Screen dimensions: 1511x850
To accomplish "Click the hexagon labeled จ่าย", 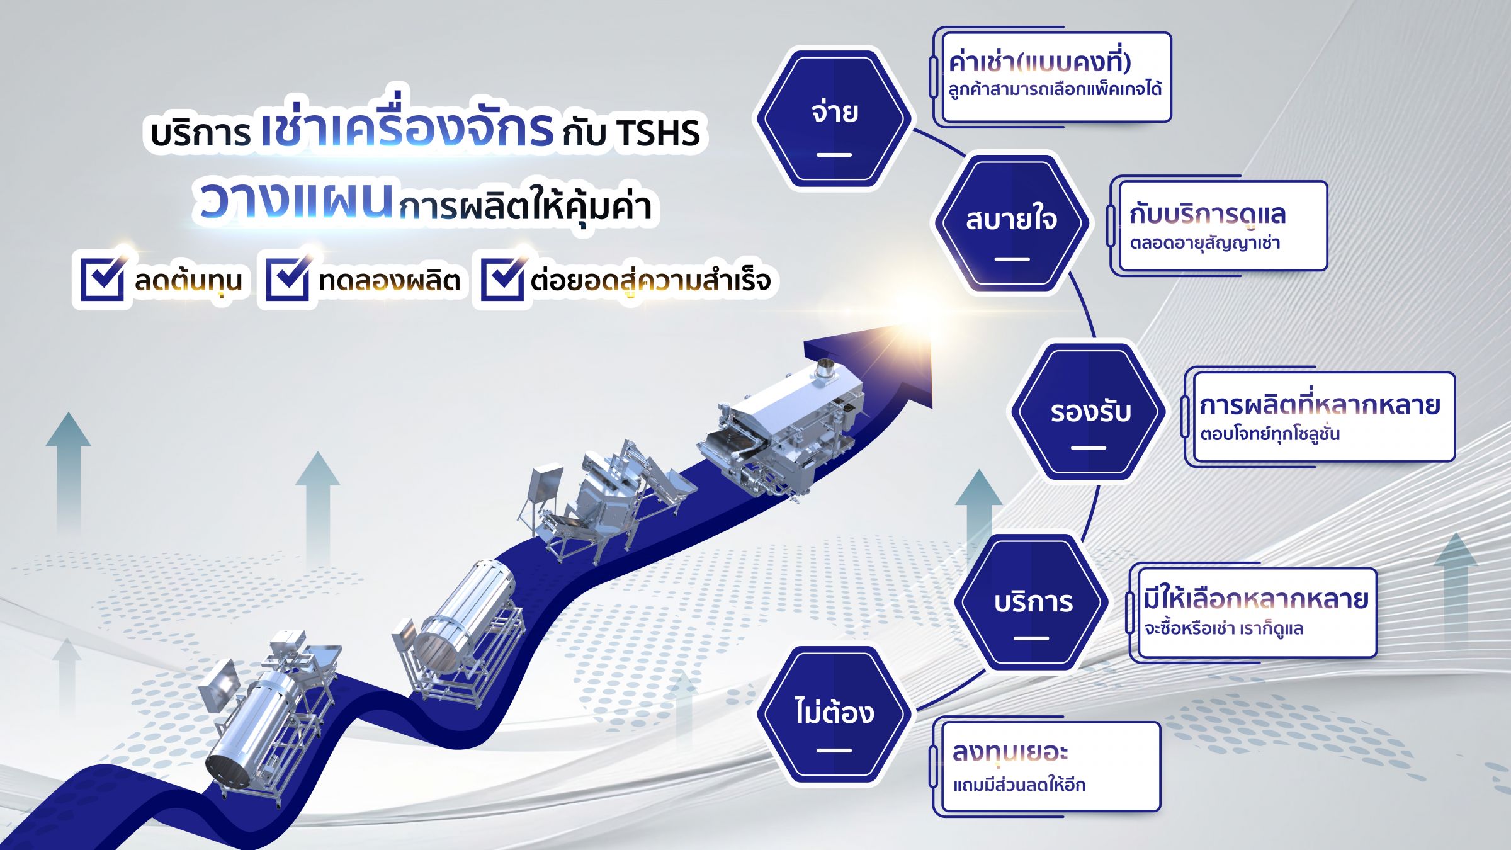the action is click(834, 118).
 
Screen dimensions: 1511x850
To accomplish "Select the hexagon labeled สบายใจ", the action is click(1011, 224).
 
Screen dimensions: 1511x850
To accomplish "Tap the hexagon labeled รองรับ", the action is click(1089, 412).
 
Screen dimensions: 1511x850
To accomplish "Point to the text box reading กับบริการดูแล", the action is click(1218, 226).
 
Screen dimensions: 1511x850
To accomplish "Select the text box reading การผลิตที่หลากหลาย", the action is click(1319, 417).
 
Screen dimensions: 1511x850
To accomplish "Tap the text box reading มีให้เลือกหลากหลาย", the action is click(1253, 613).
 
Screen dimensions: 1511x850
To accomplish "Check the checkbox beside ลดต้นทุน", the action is click(102, 278).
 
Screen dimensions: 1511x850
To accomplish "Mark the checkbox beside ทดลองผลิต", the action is click(287, 278).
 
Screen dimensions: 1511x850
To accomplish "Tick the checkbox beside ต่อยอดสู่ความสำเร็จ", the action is click(502, 278).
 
